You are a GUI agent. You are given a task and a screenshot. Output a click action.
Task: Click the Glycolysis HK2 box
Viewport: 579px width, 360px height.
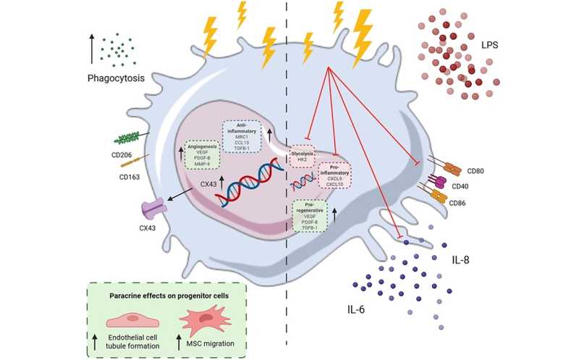tap(303, 156)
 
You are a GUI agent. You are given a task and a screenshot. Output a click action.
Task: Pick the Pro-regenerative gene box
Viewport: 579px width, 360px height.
tap(310, 217)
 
